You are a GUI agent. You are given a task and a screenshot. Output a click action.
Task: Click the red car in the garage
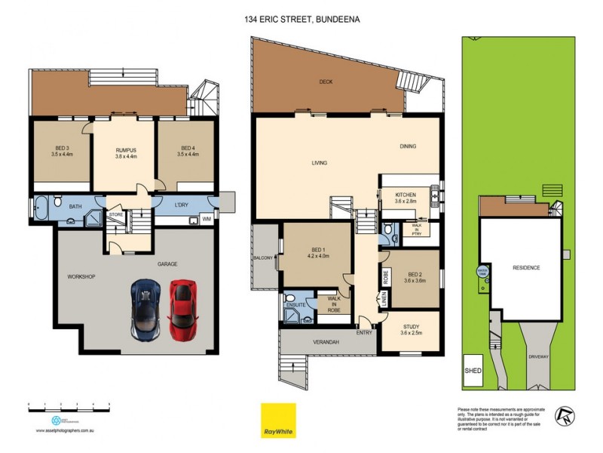tap(182, 310)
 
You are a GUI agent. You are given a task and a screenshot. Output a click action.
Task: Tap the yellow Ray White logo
tap(278, 420)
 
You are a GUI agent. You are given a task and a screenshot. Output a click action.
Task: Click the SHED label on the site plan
tap(473, 371)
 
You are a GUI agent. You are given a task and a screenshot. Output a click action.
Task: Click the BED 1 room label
tap(317, 252)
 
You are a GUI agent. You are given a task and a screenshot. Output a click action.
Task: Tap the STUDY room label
tap(411, 328)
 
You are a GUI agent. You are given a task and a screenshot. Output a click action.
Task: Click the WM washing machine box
tap(205, 220)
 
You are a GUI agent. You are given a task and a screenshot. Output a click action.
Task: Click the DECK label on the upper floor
tap(326, 82)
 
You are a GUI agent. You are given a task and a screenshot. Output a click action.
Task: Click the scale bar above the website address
tap(69, 405)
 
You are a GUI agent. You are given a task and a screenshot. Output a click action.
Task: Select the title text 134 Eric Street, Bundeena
tap(301, 20)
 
